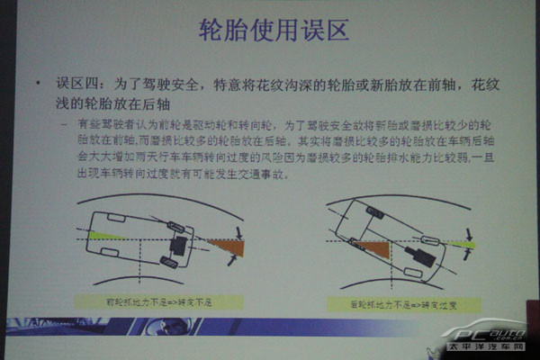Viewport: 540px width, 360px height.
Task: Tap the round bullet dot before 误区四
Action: point(38,86)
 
